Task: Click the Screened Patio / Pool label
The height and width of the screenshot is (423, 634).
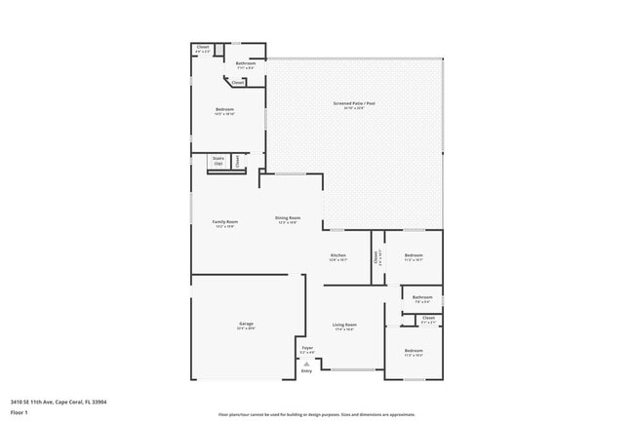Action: coord(354,103)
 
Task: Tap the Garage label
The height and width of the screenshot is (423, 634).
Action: coord(246,324)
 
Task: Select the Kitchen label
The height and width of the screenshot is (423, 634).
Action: coord(337,255)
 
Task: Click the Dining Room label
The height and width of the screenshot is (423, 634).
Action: coord(287,218)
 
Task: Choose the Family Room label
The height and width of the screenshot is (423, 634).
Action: coord(225,221)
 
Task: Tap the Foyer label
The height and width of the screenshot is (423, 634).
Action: coord(306,347)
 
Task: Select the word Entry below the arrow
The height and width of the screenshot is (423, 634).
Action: coord(306,371)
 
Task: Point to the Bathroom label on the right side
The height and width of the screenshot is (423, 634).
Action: coord(421,297)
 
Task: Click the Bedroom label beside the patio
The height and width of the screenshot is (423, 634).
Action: coord(225,109)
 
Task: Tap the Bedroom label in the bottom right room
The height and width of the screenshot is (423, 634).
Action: coord(414,350)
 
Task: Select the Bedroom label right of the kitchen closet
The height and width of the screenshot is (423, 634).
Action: coord(414,255)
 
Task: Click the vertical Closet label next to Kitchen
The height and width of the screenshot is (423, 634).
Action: coord(376,257)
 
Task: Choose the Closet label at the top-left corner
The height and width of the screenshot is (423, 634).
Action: coord(203,47)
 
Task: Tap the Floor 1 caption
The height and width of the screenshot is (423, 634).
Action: coord(20,412)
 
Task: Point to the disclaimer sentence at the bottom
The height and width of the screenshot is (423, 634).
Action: coord(316,413)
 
